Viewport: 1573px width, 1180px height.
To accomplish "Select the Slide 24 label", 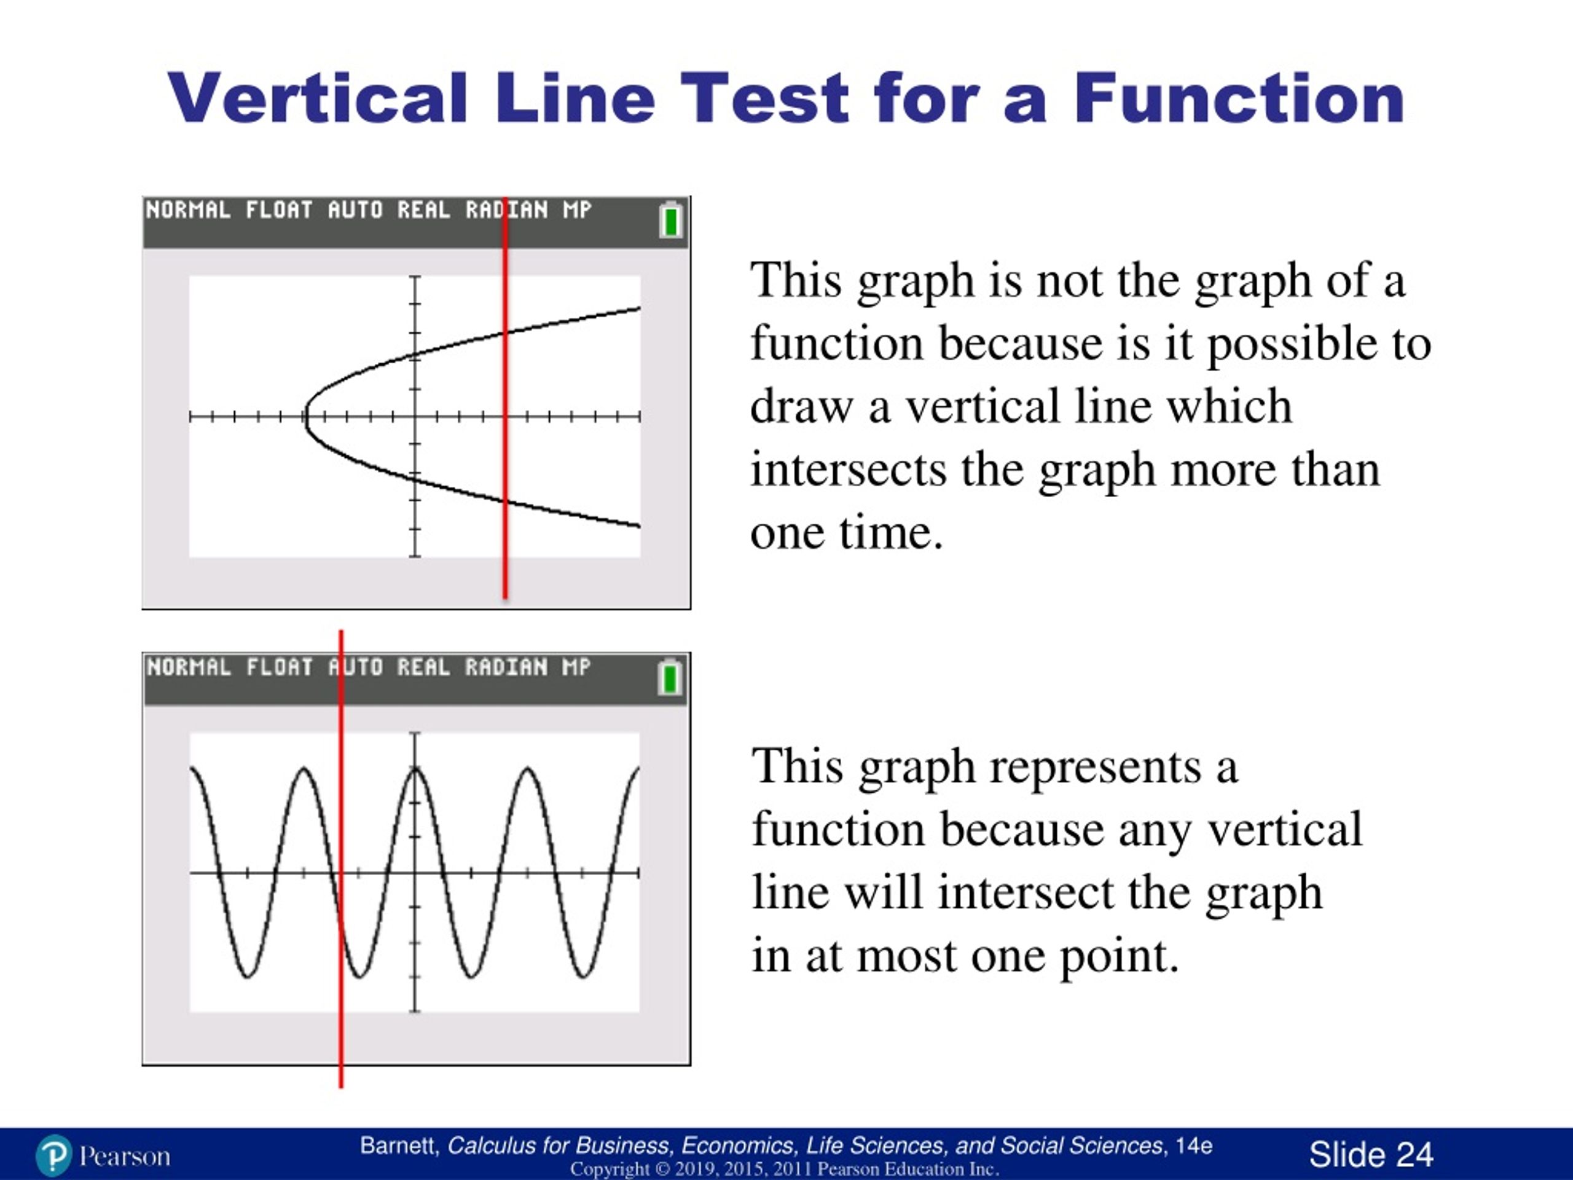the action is point(1371,1154).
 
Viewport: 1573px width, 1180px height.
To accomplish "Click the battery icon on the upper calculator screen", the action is point(670,220).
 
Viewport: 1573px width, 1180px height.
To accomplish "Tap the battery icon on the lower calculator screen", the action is point(669,677).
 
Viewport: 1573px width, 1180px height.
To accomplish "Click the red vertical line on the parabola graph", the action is point(505,398).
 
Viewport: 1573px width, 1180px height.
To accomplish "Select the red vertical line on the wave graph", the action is point(340,859).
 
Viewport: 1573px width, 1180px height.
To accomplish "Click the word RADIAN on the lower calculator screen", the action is point(506,667).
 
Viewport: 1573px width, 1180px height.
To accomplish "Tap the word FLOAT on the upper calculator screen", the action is point(279,210).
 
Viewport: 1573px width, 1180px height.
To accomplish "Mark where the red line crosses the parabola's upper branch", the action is point(505,332).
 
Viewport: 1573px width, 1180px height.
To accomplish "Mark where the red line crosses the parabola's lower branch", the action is point(505,502).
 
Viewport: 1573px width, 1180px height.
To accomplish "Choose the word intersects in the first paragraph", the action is point(849,470).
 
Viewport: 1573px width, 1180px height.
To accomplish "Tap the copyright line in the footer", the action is point(785,1170).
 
